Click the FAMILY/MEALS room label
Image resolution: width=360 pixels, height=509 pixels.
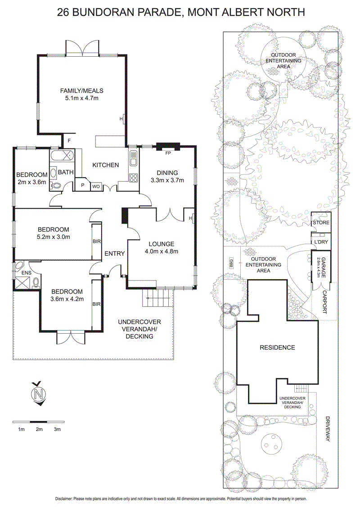point(79,91)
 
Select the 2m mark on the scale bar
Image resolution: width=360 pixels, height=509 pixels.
point(39,429)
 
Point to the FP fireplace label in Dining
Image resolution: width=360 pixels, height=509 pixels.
point(168,153)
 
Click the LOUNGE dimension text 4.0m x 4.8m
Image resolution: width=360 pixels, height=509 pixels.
point(162,251)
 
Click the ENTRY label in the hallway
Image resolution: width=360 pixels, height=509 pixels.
point(114,254)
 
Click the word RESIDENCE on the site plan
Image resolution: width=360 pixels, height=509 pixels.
point(277,347)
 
